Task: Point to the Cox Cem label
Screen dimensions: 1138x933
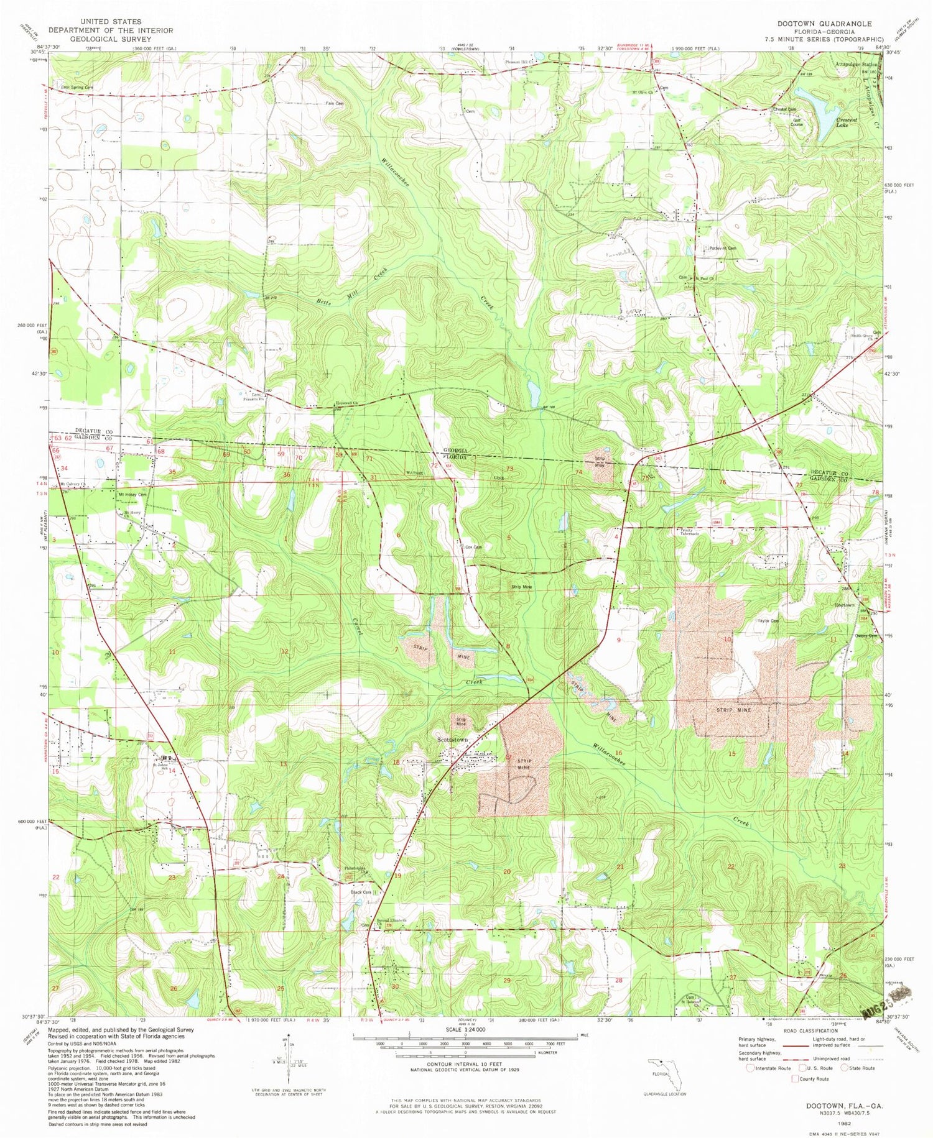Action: pyautogui.click(x=473, y=547)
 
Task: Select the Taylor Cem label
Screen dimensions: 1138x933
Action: pyautogui.click(x=768, y=621)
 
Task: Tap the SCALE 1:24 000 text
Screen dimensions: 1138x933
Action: pyautogui.click(x=465, y=1029)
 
